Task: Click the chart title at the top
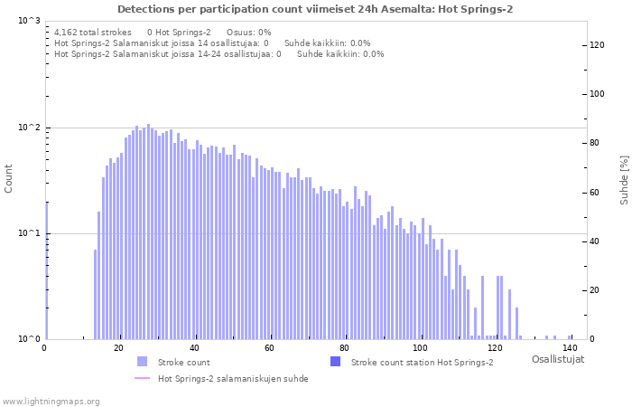315,9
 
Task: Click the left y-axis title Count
9,179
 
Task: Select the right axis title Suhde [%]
623,179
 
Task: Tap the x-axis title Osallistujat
557,359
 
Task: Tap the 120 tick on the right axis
597,45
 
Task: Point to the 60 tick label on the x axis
269,348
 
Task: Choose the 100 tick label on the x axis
419,348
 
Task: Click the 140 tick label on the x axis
569,348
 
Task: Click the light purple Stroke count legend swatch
142,362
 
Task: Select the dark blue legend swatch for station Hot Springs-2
335,362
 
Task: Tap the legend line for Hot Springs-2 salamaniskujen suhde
142,378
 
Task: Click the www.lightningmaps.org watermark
51,401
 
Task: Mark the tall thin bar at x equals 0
46,271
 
